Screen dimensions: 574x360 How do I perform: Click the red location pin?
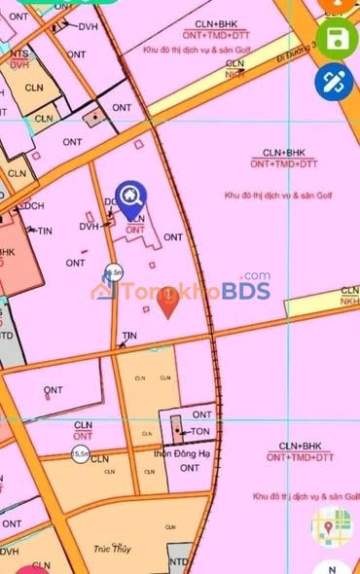[168, 305]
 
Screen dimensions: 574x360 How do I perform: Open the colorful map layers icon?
[328, 526]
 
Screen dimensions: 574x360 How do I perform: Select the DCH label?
[33, 206]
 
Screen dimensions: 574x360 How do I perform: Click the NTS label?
[18, 54]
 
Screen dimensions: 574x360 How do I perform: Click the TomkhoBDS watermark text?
[194, 290]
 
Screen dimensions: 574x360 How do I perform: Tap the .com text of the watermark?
[256, 276]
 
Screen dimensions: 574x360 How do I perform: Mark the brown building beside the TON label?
[176, 428]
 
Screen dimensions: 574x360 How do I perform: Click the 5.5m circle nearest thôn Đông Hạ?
[79, 454]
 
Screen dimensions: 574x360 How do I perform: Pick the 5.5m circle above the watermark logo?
[113, 271]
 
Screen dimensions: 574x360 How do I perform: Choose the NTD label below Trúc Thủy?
[178, 562]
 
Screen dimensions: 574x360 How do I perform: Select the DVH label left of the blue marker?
[90, 227]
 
